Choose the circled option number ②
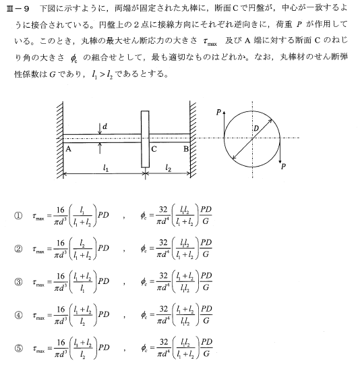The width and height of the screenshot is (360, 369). pos(18,248)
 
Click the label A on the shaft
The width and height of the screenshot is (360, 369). pos(69,149)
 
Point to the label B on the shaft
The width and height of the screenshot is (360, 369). pos(185,149)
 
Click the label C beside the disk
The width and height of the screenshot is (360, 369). pos(154,149)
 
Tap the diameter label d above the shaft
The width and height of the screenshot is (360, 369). pos(106,125)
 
